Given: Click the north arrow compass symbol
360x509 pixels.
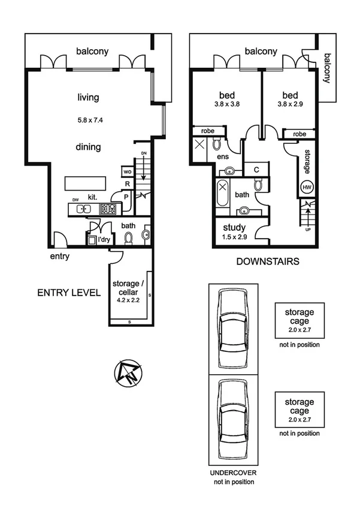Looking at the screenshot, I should (127, 374).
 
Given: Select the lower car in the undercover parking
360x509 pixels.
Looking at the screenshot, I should (233, 418).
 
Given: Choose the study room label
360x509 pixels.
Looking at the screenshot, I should (232, 228).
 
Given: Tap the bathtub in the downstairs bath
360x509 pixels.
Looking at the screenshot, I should (222, 194).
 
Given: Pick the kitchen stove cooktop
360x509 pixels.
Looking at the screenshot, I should (108, 209).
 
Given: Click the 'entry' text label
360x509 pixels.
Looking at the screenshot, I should (60, 257).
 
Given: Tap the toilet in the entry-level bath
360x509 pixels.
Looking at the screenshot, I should (128, 237).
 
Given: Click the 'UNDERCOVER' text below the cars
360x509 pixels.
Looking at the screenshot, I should (232, 472).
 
